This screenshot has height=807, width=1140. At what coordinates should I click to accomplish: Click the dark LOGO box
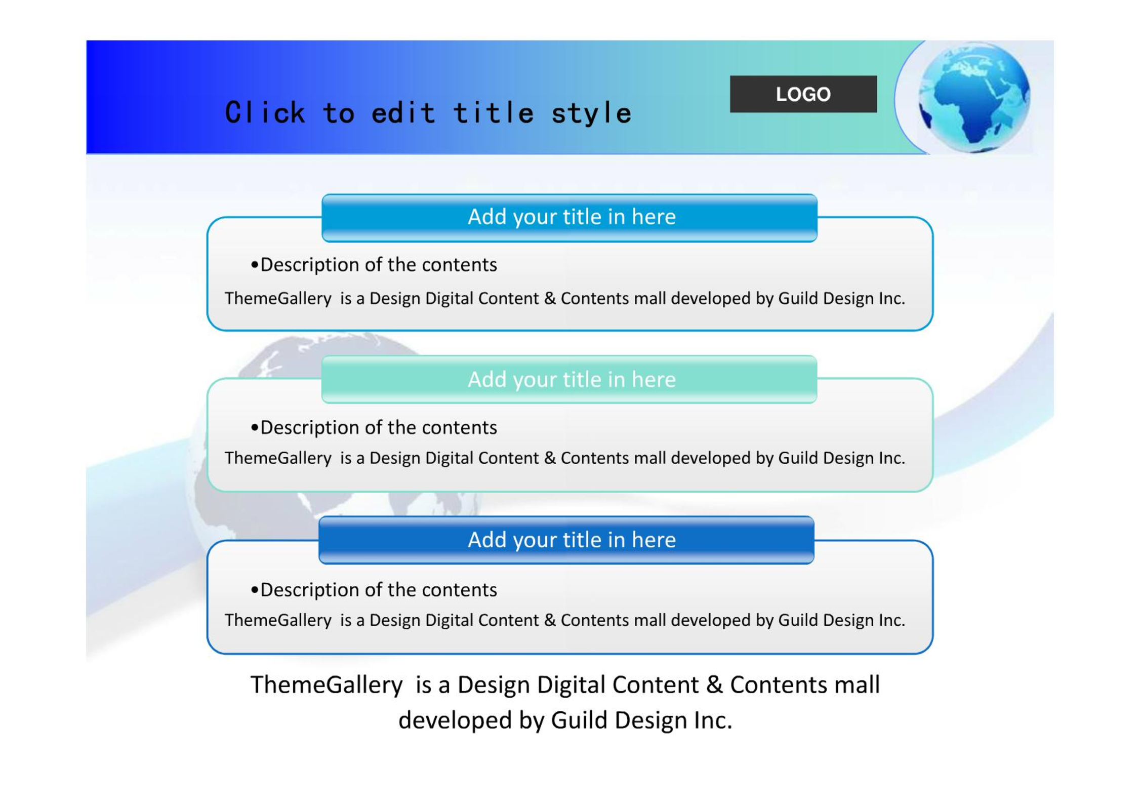pyautogui.click(x=803, y=94)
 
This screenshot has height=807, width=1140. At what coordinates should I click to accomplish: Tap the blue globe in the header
pyautogui.click(x=974, y=98)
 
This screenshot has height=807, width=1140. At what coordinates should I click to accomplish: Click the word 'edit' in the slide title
pyautogui.click(x=403, y=112)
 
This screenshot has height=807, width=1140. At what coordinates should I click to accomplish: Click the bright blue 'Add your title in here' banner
pyautogui.click(x=569, y=218)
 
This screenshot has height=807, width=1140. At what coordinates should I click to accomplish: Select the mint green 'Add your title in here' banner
pyautogui.click(x=569, y=379)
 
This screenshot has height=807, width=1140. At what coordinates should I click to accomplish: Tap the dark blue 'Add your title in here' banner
pyautogui.click(x=566, y=540)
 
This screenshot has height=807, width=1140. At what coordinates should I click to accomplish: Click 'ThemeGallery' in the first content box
pyautogui.click(x=278, y=298)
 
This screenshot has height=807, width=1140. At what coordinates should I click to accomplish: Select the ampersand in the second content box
pyautogui.click(x=550, y=458)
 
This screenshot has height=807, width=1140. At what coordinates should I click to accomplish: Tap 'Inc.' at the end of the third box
pyautogui.click(x=891, y=620)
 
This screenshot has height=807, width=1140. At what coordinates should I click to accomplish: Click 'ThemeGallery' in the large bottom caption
pyautogui.click(x=327, y=685)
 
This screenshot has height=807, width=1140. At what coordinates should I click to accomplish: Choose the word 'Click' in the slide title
pyautogui.click(x=265, y=112)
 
